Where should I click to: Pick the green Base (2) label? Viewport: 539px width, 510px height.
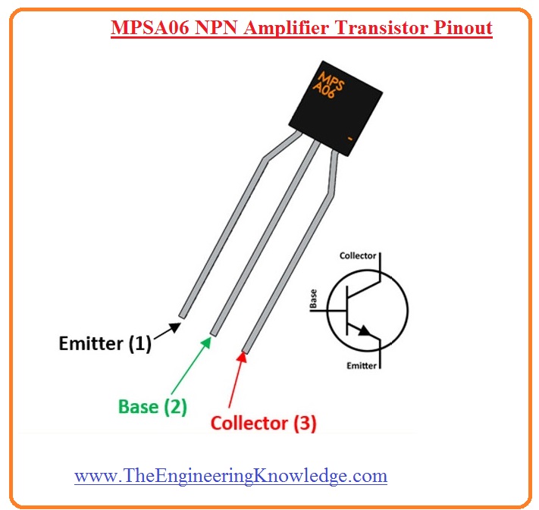(x=152, y=406)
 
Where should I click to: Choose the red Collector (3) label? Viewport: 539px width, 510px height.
(x=263, y=423)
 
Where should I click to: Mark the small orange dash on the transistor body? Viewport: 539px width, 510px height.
(x=350, y=139)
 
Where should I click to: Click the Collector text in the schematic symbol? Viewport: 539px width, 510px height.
(x=357, y=255)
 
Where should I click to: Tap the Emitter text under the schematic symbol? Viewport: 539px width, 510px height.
(x=360, y=365)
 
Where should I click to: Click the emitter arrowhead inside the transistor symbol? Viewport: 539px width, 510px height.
(x=367, y=330)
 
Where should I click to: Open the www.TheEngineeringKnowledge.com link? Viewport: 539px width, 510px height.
(x=230, y=475)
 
